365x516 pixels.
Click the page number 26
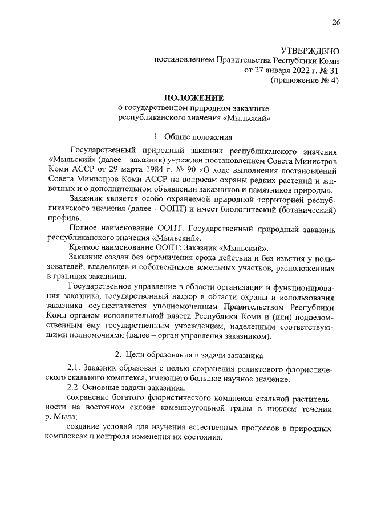point(336,22)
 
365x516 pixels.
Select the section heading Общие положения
point(198,137)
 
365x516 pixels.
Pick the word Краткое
point(84,249)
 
